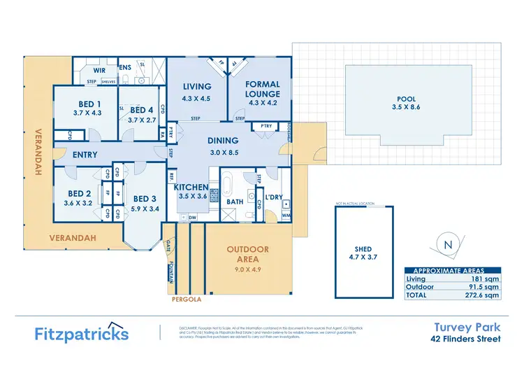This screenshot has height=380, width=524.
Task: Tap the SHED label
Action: click(x=363, y=249)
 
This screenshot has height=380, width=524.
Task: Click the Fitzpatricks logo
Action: click(x=82, y=333)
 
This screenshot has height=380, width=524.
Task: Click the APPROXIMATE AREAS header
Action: click(x=453, y=271)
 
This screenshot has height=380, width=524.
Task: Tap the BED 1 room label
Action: click(x=87, y=103)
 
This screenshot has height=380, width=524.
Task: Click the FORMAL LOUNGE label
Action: click(x=263, y=89)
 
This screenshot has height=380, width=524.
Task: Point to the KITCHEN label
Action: click(x=191, y=187)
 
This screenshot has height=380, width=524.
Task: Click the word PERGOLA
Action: click(x=187, y=300)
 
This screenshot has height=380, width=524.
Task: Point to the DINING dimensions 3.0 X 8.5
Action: click(x=224, y=153)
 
